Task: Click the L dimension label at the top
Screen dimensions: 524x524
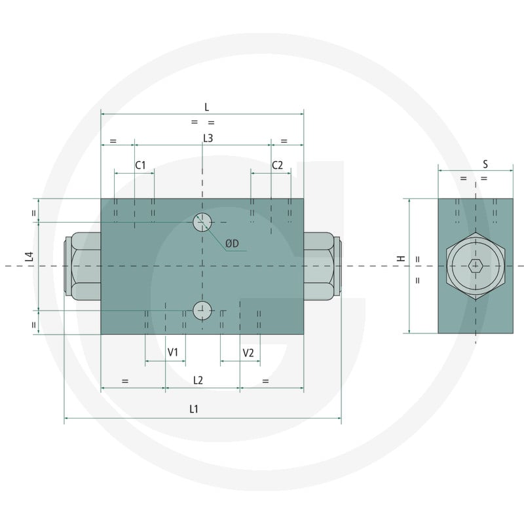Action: pyautogui.click(x=206, y=107)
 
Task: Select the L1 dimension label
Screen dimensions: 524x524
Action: pyautogui.click(x=194, y=409)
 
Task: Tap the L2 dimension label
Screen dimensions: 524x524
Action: pyautogui.click(x=198, y=380)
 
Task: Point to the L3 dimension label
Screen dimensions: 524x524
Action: pyautogui.click(x=208, y=138)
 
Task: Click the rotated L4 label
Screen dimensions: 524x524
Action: pyautogui.click(x=29, y=257)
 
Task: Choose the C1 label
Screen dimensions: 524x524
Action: pyautogui.click(x=140, y=165)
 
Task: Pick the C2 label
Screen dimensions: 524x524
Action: pyautogui.click(x=277, y=165)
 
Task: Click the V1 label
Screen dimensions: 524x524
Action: pyautogui.click(x=173, y=352)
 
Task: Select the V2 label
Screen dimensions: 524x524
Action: pyautogui.click(x=248, y=353)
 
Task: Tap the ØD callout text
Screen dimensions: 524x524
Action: pyautogui.click(x=233, y=243)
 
